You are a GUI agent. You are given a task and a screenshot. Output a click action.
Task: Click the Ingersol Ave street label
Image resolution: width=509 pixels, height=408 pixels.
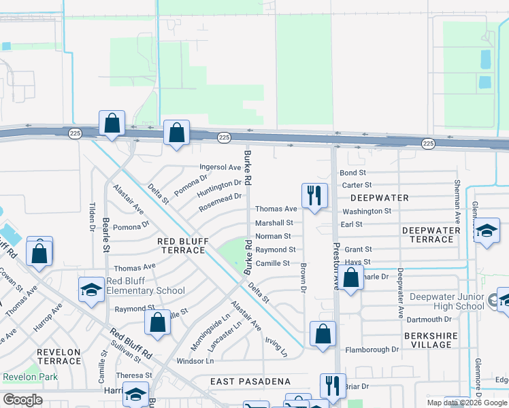click(220, 167)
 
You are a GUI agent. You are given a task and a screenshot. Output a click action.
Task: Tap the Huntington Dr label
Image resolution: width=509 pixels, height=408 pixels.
click(220, 188)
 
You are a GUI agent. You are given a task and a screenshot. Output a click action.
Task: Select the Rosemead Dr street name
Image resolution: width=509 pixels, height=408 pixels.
click(220, 202)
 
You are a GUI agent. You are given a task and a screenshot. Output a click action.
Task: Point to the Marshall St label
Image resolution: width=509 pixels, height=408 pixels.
click(274, 222)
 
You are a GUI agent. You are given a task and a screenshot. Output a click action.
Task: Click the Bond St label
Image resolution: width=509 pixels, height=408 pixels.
click(352, 173)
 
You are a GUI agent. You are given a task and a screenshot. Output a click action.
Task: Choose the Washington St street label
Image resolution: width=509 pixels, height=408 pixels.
click(367, 211)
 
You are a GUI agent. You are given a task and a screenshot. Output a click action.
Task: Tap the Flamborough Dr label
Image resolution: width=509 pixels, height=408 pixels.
click(372, 350)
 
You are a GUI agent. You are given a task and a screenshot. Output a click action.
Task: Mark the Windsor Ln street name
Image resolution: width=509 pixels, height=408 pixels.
click(195, 361)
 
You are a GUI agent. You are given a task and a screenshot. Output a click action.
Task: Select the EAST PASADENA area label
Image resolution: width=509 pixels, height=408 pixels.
click(250, 381)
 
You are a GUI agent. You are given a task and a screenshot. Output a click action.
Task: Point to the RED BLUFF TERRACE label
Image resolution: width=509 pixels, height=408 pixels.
click(181, 245)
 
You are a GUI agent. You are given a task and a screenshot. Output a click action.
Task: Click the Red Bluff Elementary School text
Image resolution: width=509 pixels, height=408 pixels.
click(145, 286)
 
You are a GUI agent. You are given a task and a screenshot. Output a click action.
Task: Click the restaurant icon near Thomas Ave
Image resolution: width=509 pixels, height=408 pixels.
click(314, 195)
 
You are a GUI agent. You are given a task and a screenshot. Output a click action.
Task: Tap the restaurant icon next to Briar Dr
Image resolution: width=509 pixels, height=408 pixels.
click(333, 385)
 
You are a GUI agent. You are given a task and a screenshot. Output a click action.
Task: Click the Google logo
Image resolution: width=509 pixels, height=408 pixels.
click(22, 400)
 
